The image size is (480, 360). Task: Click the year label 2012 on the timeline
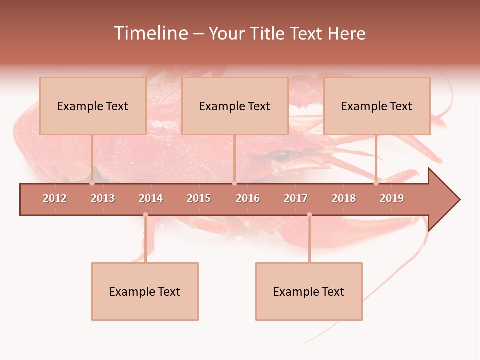coord(55,198)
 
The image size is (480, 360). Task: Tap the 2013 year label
coord(103,198)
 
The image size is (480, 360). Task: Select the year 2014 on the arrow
coord(151,198)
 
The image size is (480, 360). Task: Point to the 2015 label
coord(199,198)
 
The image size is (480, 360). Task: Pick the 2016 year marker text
coord(248,198)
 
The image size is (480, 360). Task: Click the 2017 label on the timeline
coord(296,198)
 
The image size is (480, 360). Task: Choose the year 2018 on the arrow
coord(344,198)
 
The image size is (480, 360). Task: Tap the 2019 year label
coord(392,198)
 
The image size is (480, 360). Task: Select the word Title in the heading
coord(267,33)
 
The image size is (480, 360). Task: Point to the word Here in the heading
coord(347,33)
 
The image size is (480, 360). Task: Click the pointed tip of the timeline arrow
coord(458,200)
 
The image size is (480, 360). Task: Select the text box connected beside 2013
coord(93,106)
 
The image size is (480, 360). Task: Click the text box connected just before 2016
coord(235,106)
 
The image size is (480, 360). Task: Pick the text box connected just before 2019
coord(377,106)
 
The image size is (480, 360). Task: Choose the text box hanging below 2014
coord(145,291)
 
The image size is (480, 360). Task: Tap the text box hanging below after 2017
coord(309,291)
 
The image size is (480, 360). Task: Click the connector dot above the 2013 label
coord(92,183)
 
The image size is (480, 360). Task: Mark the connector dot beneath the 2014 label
coord(145,215)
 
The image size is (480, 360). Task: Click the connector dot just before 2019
coord(376,183)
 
